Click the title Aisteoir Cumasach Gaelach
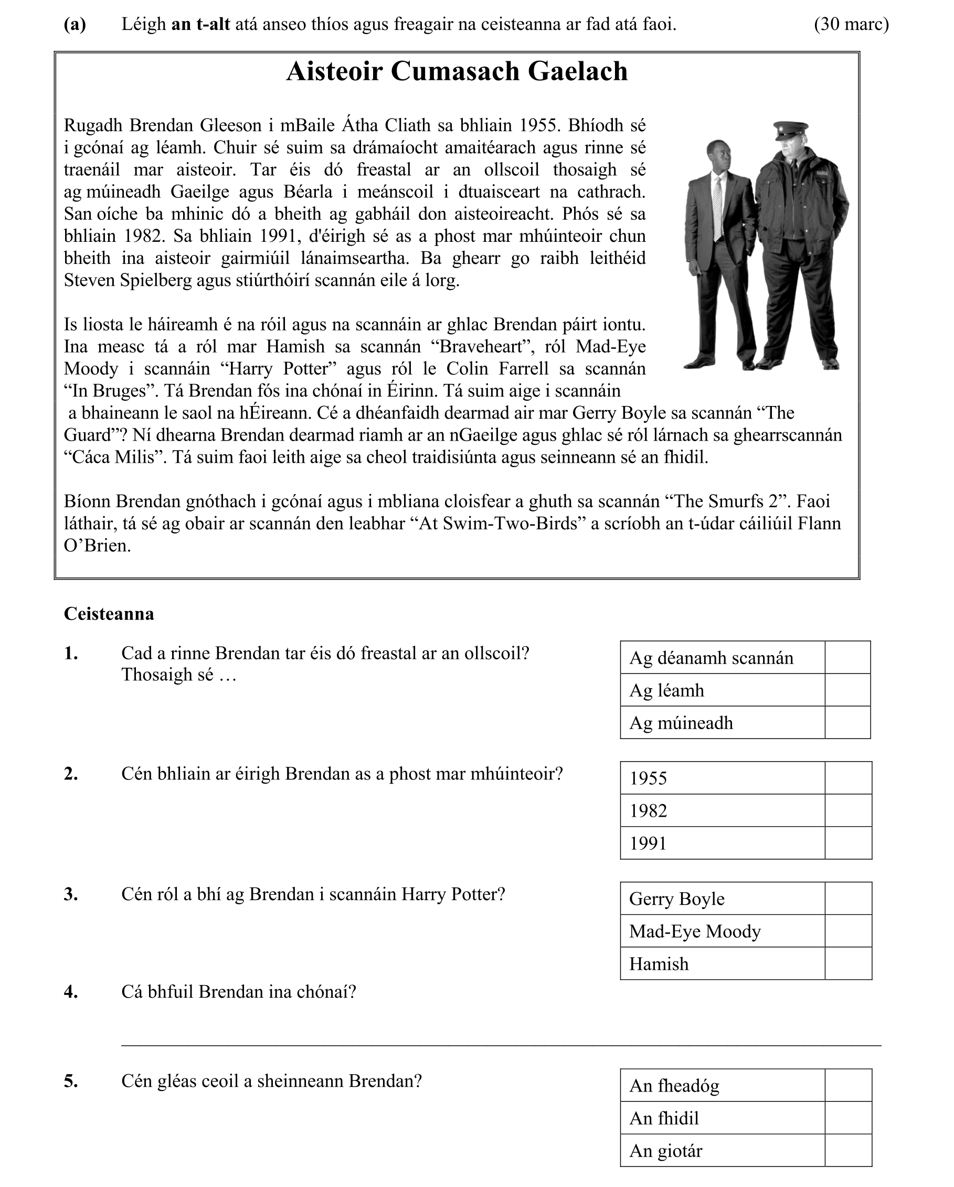pyautogui.click(x=457, y=71)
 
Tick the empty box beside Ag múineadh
pyautogui.click(x=847, y=722)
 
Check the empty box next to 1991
pyautogui.click(x=847, y=843)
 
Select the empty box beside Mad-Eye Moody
pyautogui.click(x=847, y=931)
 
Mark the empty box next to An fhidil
pyautogui.click(x=847, y=1118)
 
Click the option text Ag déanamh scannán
pyautogui.click(x=711, y=658)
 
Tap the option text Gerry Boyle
pyautogui.click(x=676, y=899)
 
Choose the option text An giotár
pyautogui.click(x=665, y=1151)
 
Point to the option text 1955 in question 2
pyautogui.click(x=648, y=778)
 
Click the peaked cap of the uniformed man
pyautogui.click(x=789, y=130)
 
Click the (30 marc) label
pyautogui.click(x=851, y=24)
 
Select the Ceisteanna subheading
pyautogui.click(x=109, y=614)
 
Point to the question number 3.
pyautogui.click(x=70, y=894)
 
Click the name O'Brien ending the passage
pyautogui.click(x=98, y=546)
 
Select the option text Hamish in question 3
pyautogui.click(x=659, y=964)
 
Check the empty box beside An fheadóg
pyautogui.click(x=847, y=1086)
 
